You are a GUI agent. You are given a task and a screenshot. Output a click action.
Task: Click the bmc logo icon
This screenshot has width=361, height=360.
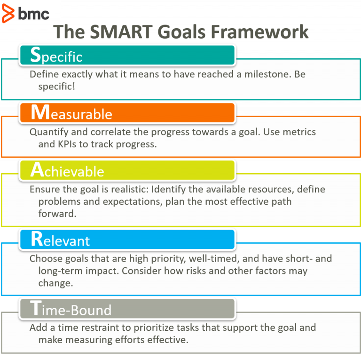pos(8,13)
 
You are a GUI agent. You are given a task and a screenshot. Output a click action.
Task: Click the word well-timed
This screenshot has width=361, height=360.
pos(203,258)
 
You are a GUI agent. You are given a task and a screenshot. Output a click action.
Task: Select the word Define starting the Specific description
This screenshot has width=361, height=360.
pos(43,74)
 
